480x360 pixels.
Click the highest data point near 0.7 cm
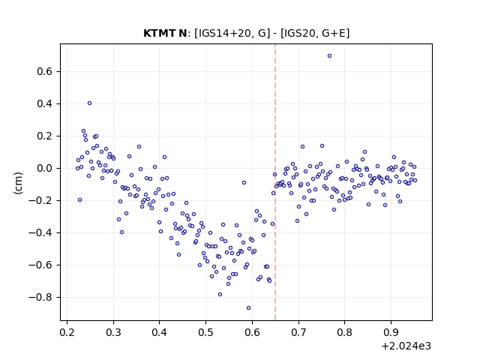coord(329,55)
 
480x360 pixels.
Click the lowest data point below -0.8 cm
coord(248,307)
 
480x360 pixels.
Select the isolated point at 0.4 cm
coord(89,103)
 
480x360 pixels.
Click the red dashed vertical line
coord(275,182)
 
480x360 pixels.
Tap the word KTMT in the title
coord(160,33)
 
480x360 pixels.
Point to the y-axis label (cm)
coord(18,183)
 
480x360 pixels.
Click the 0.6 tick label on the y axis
coord(45,72)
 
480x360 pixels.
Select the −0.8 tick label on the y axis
coord(40,297)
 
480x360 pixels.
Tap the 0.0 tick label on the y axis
coord(45,168)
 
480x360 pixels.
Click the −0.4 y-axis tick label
coord(40,233)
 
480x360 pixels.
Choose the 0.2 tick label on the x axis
coord(67,332)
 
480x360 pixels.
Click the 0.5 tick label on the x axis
coord(205,332)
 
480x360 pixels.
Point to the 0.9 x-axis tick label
coord(391,332)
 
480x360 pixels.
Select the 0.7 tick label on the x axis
coord(298,332)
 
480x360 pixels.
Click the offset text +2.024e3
coord(406,346)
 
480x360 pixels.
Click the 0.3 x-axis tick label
coord(113,332)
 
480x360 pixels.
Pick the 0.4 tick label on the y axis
coord(45,104)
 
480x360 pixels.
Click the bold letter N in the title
coord(183,33)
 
